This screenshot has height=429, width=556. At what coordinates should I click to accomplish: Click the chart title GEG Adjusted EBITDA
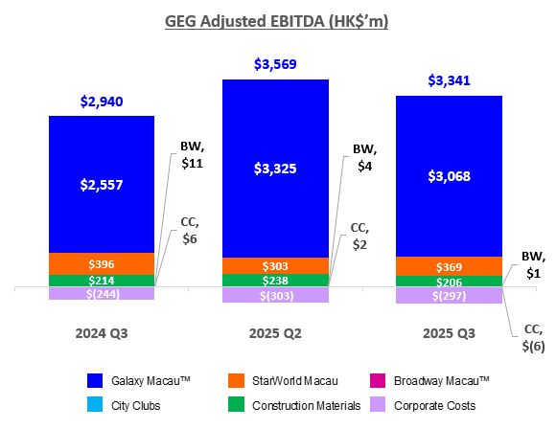click(x=277, y=20)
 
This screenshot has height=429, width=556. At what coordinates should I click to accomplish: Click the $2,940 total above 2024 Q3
click(x=101, y=101)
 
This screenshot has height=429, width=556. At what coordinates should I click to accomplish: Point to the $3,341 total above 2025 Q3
click(x=449, y=80)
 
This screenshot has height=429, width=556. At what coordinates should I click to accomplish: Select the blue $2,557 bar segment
click(x=101, y=184)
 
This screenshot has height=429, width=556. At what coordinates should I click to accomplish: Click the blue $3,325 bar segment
click(x=275, y=169)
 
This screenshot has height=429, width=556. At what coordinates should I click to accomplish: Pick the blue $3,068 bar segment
click(x=449, y=176)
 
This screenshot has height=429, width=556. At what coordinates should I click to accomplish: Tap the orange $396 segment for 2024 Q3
click(x=101, y=263)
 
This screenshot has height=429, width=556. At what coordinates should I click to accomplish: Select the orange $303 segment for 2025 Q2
click(x=275, y=265)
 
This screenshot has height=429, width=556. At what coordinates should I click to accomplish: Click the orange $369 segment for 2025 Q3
click(x=449, y=265)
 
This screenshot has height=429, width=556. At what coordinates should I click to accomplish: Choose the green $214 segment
click(x=101, y=281)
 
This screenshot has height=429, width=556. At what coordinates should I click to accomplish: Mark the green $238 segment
click(x=275, y=281)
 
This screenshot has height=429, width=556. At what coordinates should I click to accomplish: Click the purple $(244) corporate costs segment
click(x=101, y=294)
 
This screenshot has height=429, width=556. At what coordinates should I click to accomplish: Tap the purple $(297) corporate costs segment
click(x=449, y=296)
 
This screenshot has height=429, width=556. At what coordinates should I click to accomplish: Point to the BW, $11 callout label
click(x=192, y=155)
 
